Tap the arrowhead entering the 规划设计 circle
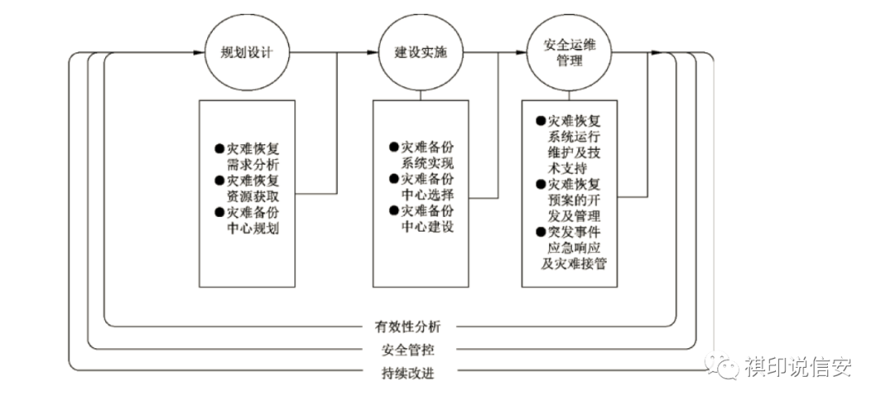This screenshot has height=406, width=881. click(199, 54)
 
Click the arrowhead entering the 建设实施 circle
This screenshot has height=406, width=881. click(374, 54)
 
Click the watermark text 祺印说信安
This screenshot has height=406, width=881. click(798, 367)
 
